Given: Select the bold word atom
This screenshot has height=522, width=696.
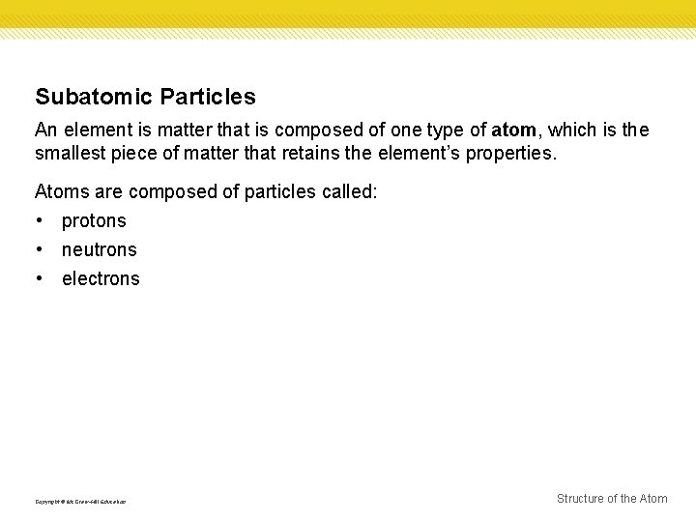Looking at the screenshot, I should tap(513, 130).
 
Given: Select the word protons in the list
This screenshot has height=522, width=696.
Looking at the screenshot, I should tap(94, 221).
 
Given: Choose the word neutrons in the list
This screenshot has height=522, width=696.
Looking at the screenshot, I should tap(100, 249).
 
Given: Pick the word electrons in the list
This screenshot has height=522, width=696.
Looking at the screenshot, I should tap(101, 278).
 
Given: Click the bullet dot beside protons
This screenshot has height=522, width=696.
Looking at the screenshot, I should tap(40, 220).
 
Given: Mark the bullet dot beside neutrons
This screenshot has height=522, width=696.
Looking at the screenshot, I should tap(40, 249).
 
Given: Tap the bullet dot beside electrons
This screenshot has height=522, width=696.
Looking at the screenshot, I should tap(40, 278).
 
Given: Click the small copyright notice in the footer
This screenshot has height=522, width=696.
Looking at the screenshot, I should tap(80, 501).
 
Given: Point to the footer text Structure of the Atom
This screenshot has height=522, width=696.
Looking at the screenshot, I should tap(612, 499).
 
